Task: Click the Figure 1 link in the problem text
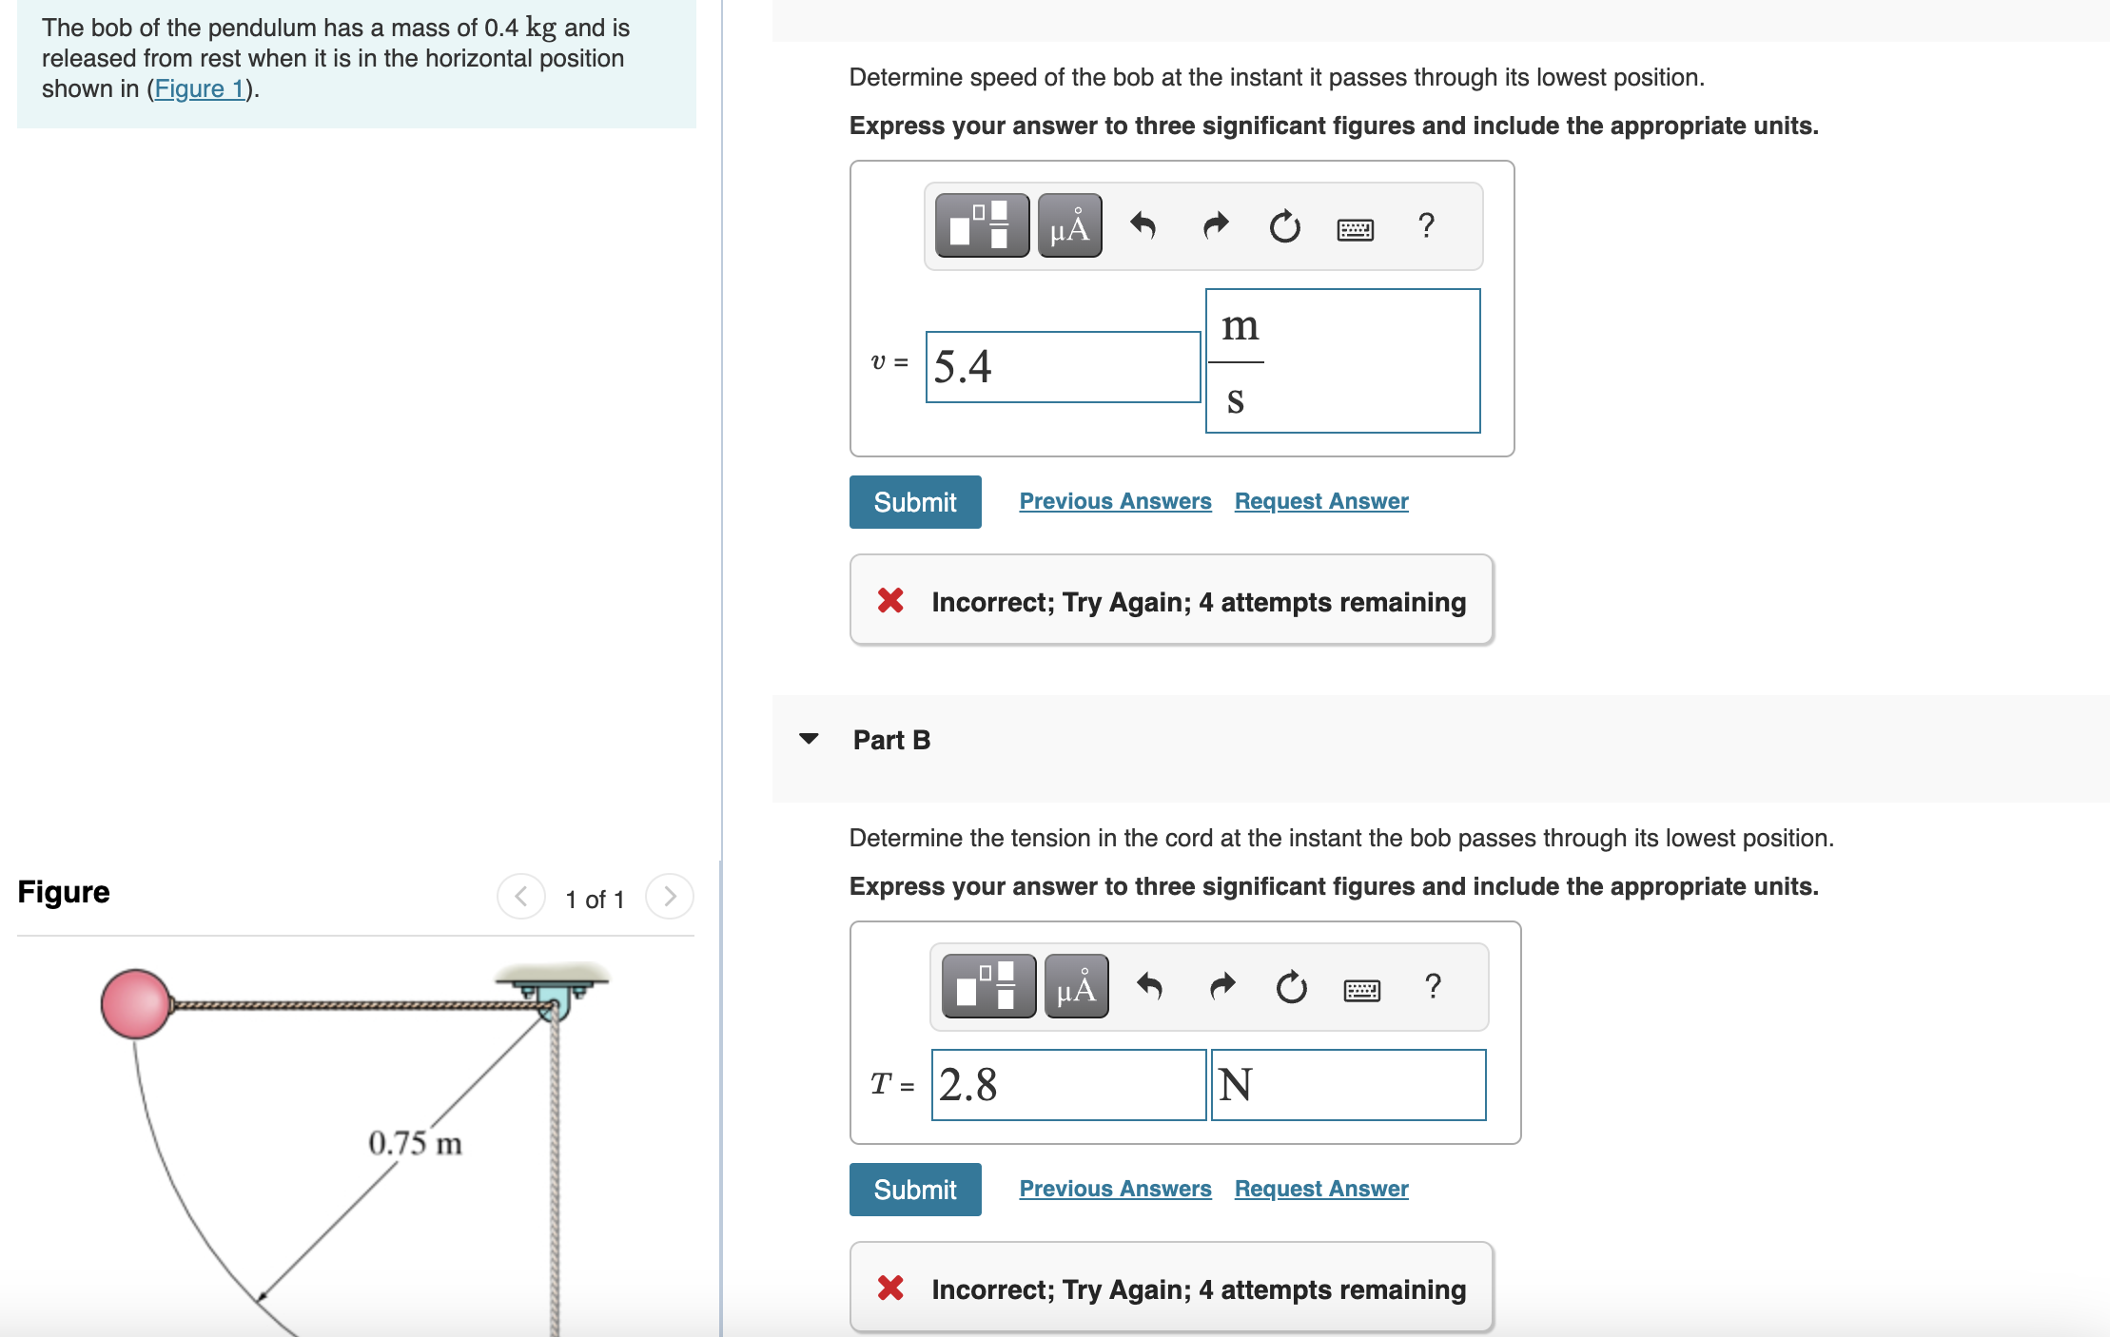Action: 200,89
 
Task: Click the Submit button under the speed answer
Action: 914,502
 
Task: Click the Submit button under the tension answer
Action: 914,1190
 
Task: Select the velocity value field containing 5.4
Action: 1062,367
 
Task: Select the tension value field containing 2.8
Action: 1067,1085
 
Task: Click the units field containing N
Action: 1347,1085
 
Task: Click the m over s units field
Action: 1341,361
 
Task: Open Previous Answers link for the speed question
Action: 1115,501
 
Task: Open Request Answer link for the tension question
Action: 1320,1189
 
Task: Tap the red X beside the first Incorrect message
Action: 890,601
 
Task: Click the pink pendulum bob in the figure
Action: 136,1004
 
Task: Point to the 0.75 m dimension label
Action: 415,1143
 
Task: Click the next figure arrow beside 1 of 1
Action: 670,897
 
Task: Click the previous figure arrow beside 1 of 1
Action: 520,897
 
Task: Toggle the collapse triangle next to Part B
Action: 809,739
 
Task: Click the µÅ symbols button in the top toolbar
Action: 1069,226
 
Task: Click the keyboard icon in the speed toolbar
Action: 1355,229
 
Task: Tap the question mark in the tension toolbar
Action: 1433,986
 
